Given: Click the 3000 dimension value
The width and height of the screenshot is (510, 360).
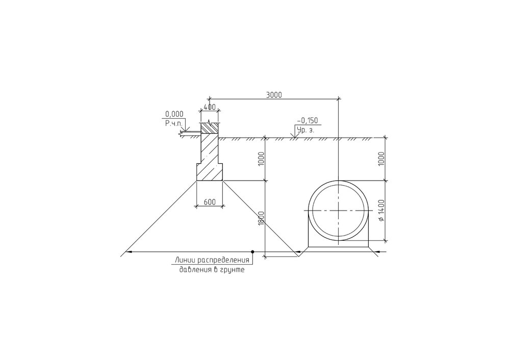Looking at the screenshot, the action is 274,95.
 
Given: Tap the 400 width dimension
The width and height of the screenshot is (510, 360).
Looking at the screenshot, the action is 210,107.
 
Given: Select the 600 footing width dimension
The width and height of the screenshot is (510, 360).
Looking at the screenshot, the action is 210,202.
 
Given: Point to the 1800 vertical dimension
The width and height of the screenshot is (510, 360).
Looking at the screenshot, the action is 261,218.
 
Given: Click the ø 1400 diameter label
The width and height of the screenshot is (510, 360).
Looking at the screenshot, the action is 381,211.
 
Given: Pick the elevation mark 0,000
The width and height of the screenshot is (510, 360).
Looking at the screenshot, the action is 174,114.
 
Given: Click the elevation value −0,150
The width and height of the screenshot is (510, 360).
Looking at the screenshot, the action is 307,121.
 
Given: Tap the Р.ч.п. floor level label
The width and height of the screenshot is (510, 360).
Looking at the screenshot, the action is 174,123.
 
